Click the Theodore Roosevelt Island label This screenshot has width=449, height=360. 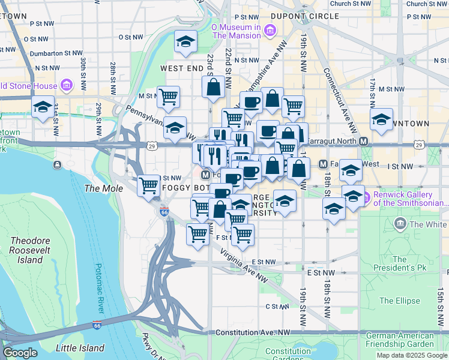click(26, 250)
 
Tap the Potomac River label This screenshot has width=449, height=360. click(98, 288)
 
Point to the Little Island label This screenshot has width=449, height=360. click(80, 348)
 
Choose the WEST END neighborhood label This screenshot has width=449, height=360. click(182, 69)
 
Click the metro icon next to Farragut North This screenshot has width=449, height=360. click(363, 141)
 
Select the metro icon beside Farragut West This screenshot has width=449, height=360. click(322, 164)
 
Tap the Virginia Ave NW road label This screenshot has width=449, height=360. click(243, 265)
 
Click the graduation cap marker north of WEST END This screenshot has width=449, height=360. click(185, 43)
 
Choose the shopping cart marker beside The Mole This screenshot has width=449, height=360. click(148, 185)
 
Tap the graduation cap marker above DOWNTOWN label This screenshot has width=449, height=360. click(381, 120)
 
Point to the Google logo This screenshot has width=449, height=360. click(20, 353)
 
